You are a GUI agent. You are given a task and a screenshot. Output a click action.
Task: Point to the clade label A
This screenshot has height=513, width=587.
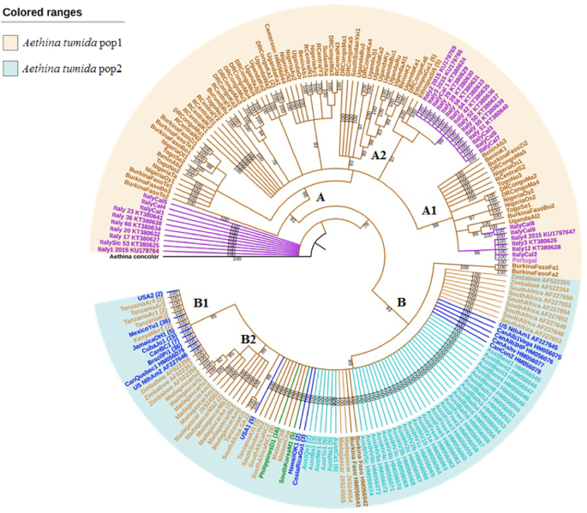point(322,198)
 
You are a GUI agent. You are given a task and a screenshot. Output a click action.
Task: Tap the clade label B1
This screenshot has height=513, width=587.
point(204,301)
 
